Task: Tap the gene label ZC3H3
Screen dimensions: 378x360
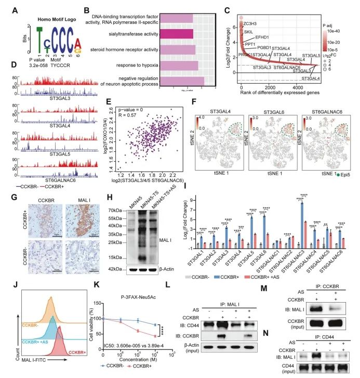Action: coord(249,24)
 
